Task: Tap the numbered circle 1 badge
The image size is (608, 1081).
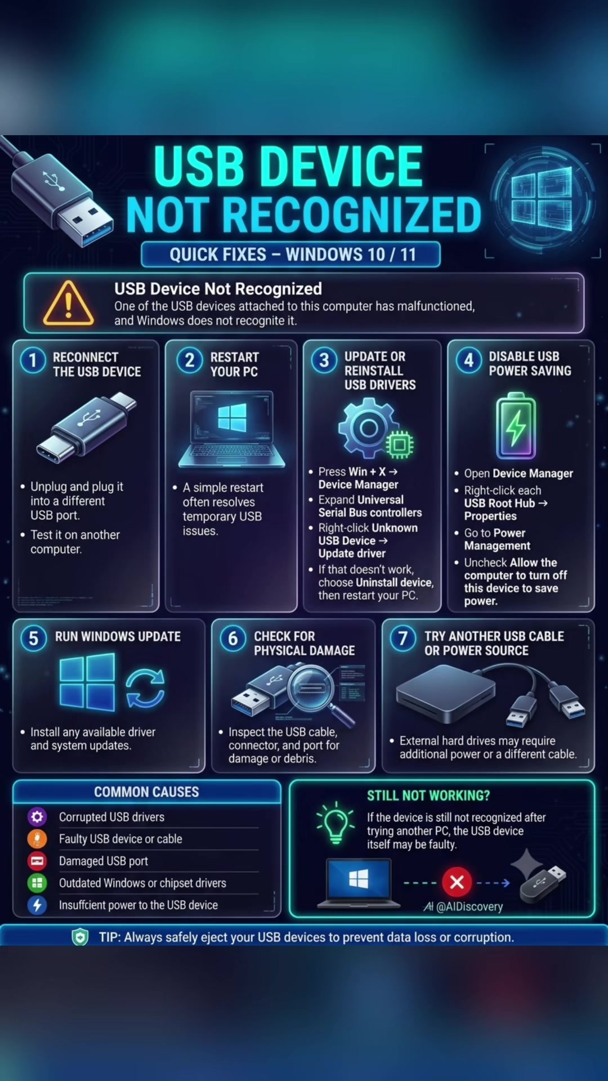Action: point(33,360)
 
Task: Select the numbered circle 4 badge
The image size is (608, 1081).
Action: point(469,360)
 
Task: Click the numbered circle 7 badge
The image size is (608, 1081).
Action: point(403,639)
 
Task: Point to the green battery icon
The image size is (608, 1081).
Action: point(516,426)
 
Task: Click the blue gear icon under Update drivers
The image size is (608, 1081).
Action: point(368,428)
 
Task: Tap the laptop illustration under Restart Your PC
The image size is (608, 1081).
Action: point(232,429)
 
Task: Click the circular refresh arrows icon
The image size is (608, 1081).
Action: point(145,687)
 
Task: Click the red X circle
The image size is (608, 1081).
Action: point(457,882)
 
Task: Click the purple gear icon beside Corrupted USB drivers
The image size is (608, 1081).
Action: point(37,816)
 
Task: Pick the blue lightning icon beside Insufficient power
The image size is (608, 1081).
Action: point(37,905)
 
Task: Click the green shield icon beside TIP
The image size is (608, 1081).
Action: point(80,937)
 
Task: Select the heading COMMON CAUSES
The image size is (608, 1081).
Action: point(146,792)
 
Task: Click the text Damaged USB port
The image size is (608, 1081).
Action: point(104,861)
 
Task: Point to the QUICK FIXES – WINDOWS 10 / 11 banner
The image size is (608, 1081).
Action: point(290,254)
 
